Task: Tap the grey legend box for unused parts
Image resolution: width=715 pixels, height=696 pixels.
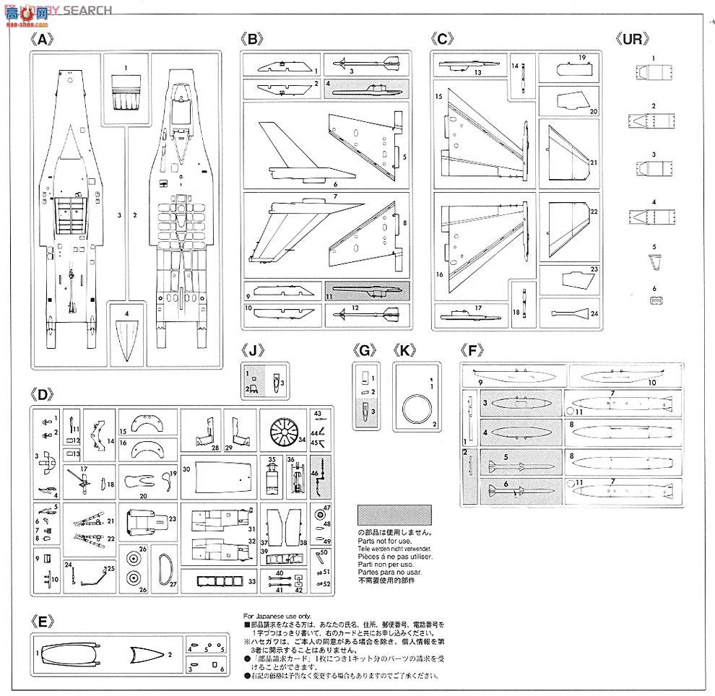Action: point(394,516)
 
